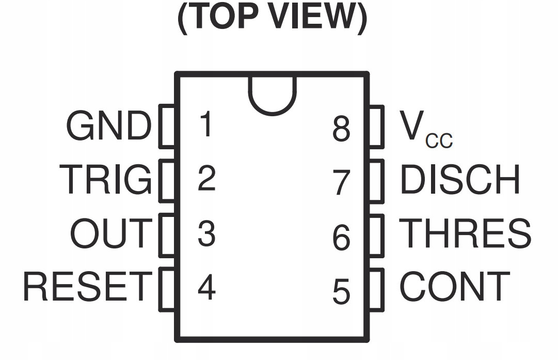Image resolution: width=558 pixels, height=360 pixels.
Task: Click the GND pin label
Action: point(109,127)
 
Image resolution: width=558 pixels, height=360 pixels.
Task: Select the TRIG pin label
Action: point(106,179)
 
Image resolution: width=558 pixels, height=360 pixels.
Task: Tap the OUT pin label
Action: point(111,233)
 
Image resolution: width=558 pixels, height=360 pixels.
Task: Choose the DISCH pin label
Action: point(460,180)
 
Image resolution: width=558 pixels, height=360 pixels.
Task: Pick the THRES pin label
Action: point(465,233)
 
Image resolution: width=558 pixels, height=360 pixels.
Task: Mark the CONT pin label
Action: point(455,287)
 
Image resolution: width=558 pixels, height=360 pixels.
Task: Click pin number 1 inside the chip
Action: point(206,124)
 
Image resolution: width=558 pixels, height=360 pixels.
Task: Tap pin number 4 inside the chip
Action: point(206,287)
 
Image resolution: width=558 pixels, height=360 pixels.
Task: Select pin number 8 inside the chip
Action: point(341,129)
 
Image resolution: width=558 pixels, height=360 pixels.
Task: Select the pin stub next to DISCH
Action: point(377,181)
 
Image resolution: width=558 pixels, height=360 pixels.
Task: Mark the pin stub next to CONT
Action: point(377,289)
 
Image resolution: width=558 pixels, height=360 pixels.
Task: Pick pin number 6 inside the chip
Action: point(341,237)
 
